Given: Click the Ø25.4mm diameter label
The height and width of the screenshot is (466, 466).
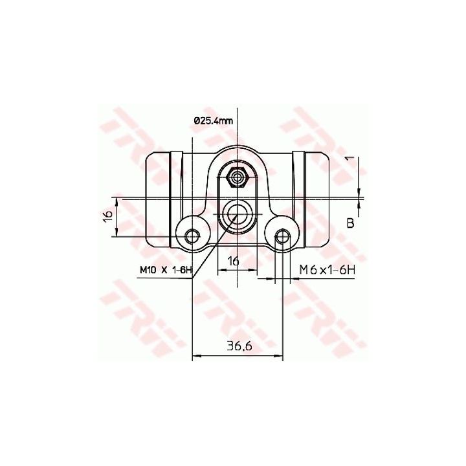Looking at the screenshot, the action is (x=213, y=121).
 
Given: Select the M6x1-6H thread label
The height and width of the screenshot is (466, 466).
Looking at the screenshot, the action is (x=327, y=270).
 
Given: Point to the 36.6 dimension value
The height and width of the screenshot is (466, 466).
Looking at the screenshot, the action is (x=239, y=346).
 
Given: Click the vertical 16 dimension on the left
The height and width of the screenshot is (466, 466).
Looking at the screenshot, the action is (x=109, y=215).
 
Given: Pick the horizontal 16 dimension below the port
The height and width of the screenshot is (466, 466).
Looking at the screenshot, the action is (x=234, y=261).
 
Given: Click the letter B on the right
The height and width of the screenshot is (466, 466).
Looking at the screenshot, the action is (x=351, y=223).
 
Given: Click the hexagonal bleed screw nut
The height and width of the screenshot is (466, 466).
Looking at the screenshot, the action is (x=237, y=178).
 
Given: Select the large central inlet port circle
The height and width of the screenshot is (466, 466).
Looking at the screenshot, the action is (x=237, y=214).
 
